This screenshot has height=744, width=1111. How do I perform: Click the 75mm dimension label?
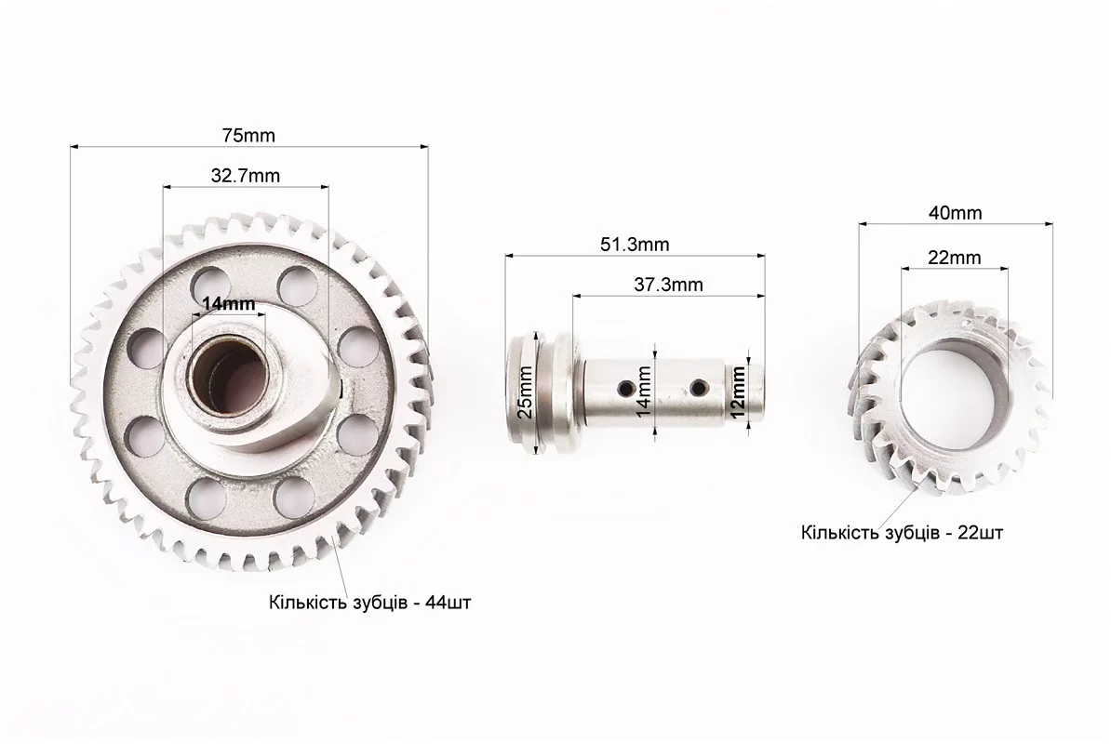point(248,135)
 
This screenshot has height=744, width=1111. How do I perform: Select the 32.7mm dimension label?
point(245,176)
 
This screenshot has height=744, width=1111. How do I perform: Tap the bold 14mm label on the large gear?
point(228,304)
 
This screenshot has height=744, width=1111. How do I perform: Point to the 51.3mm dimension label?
point(635,245)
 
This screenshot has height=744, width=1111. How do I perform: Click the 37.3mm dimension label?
point(668,286)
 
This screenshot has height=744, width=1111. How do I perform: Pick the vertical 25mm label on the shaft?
point(525,392)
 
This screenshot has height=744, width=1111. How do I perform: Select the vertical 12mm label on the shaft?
point(737,392)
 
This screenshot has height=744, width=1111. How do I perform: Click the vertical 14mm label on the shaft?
point(643,392)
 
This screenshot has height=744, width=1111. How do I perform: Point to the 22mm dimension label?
point(955,258)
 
